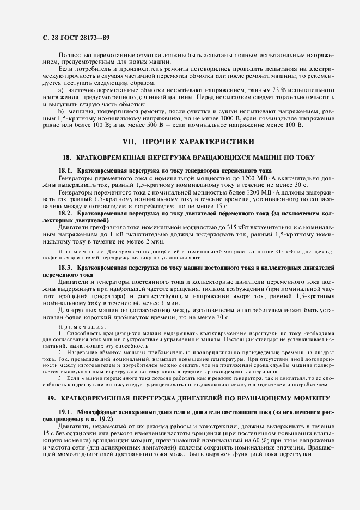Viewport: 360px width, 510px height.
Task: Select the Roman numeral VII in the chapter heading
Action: pos(129,142)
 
